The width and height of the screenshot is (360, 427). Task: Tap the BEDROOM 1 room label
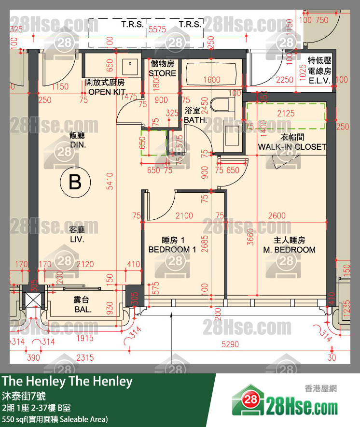[x=172, y=249]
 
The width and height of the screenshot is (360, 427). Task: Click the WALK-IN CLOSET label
[x=292, y=146]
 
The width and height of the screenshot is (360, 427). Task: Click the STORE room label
[x=163, y=73]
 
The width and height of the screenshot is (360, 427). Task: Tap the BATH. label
[x=195, y=119]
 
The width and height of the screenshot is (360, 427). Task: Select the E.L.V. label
[x=319, y=81]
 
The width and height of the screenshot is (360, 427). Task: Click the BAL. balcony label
[x=83, y=309]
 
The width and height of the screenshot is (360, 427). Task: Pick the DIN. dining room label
[x=78, y=144]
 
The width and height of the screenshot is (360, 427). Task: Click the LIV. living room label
[x=77, y=239]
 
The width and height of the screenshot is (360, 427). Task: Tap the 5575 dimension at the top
[x=157, y=29]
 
